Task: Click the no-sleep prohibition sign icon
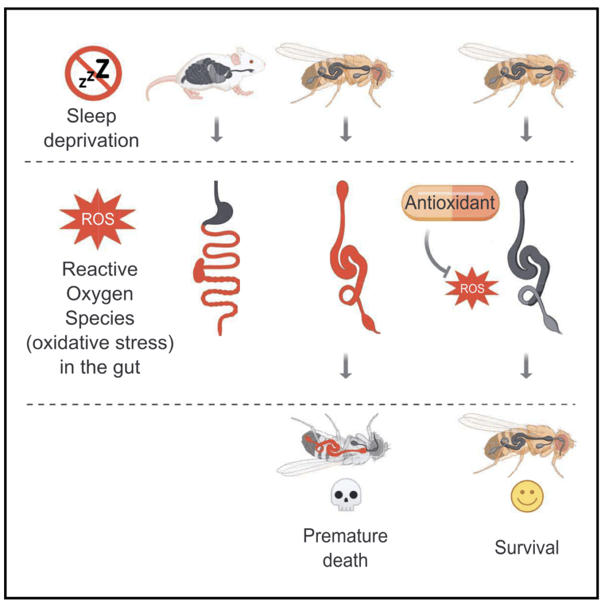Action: click(x=93, y=73)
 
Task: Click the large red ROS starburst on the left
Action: click(x=97, y=219)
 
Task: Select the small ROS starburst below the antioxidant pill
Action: click(x=471, y=288)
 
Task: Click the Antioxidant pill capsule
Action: click(x=450, y=203)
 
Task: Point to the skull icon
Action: click(x=346, y=494)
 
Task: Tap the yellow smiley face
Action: click(x=527, y=496)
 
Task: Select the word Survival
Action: click(x=526, y=548)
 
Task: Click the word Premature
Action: click(x=345, y=536)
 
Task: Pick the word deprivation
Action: click(x=91, y=141)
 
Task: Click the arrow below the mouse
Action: click(x=217, y=129)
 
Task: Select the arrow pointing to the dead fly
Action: click(x=346, y=366)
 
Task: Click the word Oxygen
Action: click(x=100, y=294)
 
